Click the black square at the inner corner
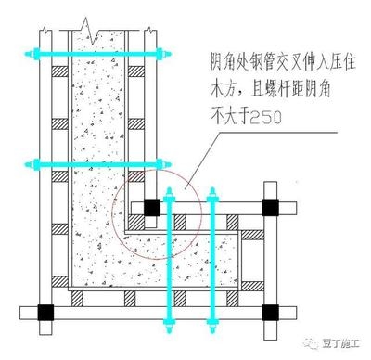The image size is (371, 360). pyautogui.click(x=150, y=209)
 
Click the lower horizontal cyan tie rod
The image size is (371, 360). pyautogui.click(x=93, y=165)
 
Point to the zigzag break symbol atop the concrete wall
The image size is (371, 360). pyautogui.click(x=86, y=19)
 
